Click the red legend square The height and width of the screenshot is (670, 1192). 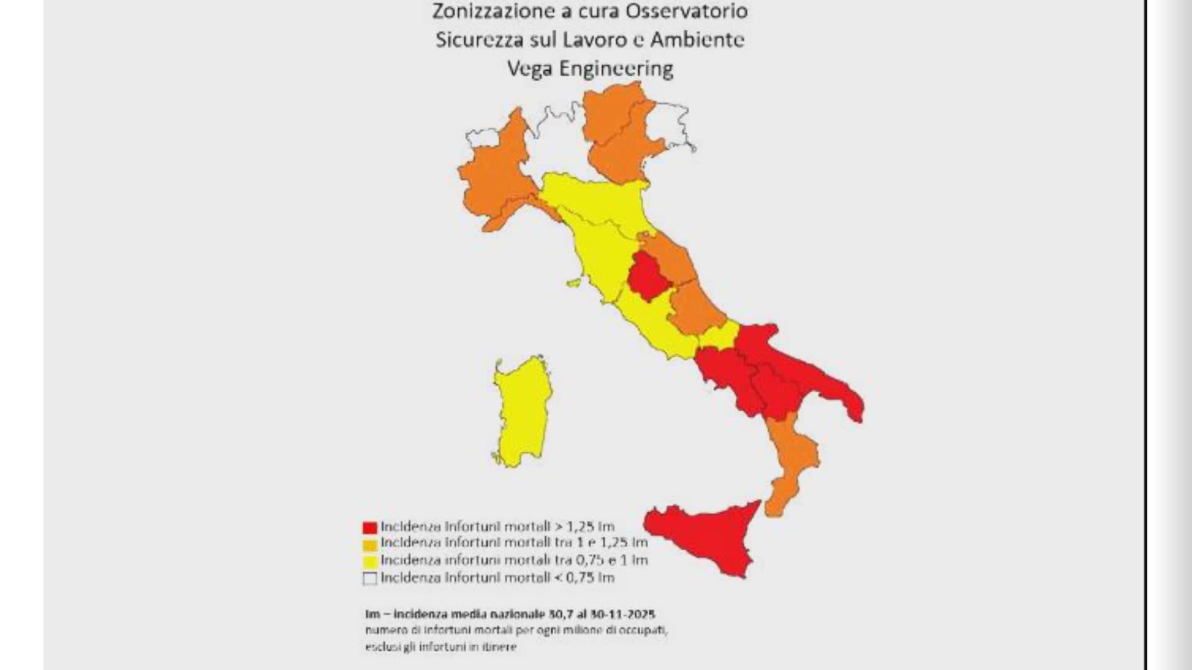(x=370, y=528)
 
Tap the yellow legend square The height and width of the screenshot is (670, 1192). (x=370, y=562)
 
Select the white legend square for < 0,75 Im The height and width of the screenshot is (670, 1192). (x=370, y=579)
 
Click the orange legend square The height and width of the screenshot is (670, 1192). (x=370, y=545)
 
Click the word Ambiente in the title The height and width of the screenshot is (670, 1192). (x=697, y=40)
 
